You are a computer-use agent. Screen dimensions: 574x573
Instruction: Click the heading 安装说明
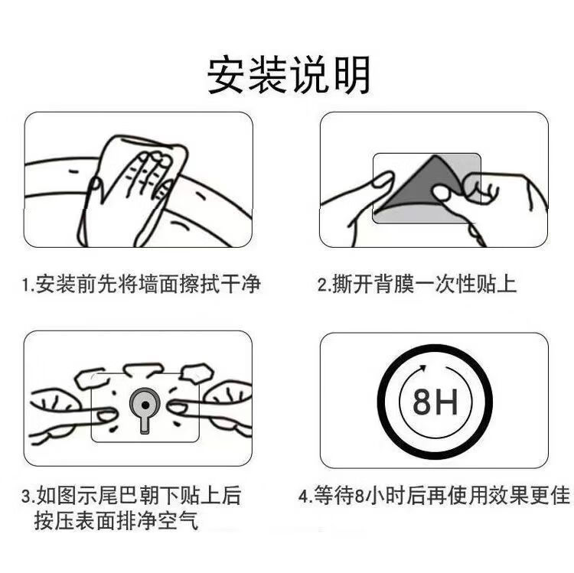(x=289, y=75)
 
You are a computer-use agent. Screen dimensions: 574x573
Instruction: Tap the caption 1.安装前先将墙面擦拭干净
(x=142, y=284)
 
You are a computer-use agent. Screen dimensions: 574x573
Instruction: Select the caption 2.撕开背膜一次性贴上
(x=417, y=284)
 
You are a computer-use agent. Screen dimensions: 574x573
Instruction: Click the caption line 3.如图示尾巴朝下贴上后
(x=132, y=496)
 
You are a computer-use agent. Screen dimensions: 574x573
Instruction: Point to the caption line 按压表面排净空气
(x=116, y=520)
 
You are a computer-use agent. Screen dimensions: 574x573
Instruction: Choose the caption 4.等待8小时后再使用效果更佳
(x=434, y=496)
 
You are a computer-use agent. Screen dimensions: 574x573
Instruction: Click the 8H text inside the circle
(x=435, y=402)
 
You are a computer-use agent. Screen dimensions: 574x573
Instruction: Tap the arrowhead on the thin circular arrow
(x=422, y=368)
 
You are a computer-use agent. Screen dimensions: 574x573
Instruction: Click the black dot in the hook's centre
(x=145, y=405)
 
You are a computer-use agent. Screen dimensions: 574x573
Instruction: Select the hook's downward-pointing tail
(x=145, y=425)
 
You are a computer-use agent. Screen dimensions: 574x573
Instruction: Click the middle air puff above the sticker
(x=144, y=369)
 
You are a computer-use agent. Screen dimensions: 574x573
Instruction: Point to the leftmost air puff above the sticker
(x=92, y=379)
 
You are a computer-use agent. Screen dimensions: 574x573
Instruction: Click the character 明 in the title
(x=352, y=75)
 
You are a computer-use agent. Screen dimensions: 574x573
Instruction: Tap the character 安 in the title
(x=227, y=75)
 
